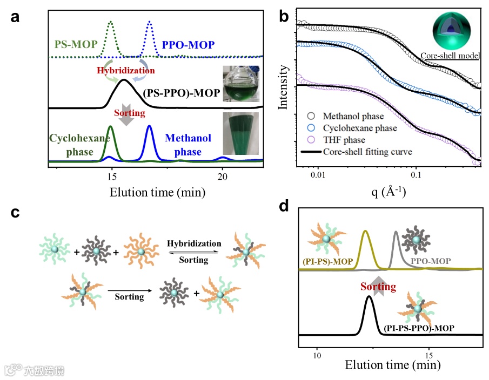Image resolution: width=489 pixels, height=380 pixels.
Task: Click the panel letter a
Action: point(16,16)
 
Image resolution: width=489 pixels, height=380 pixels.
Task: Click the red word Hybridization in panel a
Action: point(125,70)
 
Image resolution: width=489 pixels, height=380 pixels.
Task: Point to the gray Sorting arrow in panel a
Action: point(125,118)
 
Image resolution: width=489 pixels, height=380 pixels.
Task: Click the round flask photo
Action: point(243,83)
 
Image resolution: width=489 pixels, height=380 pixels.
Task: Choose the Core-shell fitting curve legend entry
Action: point(367,152)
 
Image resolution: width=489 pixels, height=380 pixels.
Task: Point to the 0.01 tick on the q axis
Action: point(318,176)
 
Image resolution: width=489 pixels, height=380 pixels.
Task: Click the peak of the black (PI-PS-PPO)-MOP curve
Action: point(369,297)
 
